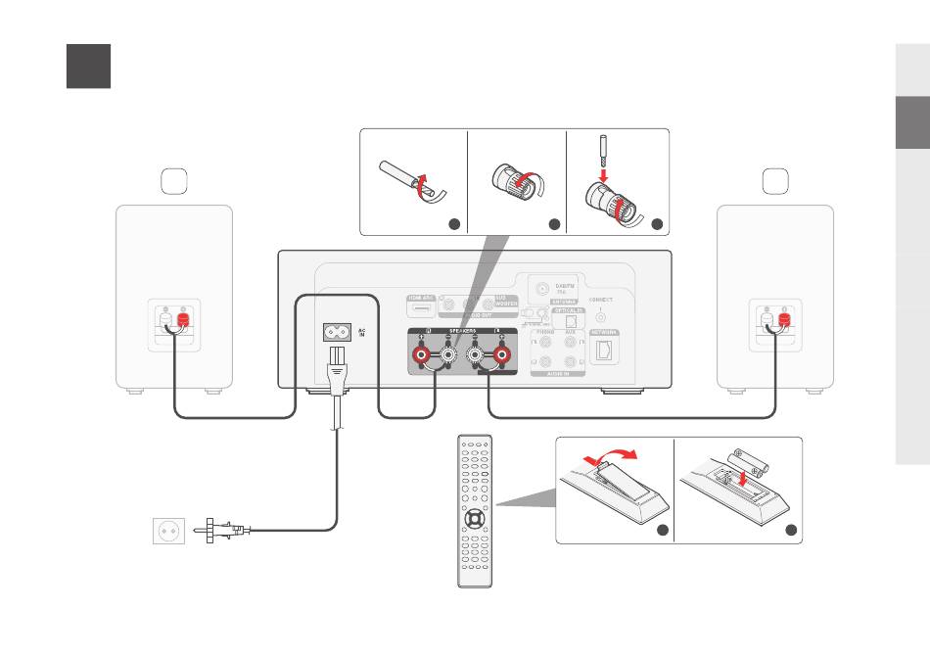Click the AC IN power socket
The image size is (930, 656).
pos(338,332)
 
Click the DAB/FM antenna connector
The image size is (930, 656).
pos(540,289)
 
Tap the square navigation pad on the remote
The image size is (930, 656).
pos(474,516)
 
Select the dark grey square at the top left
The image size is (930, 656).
pos(88,66)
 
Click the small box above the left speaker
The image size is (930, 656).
pos(172,181)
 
